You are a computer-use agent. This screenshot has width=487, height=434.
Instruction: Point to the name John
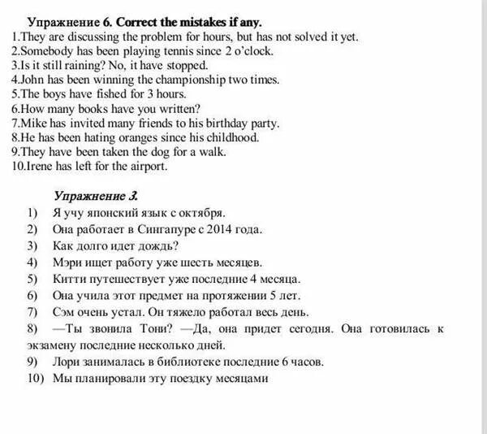coord(34,80)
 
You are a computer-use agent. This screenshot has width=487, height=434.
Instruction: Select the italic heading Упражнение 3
coord(96,196)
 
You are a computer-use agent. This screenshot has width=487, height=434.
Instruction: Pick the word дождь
coord(159,245)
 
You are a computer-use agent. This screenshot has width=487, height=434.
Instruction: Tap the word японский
coord(117,214)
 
